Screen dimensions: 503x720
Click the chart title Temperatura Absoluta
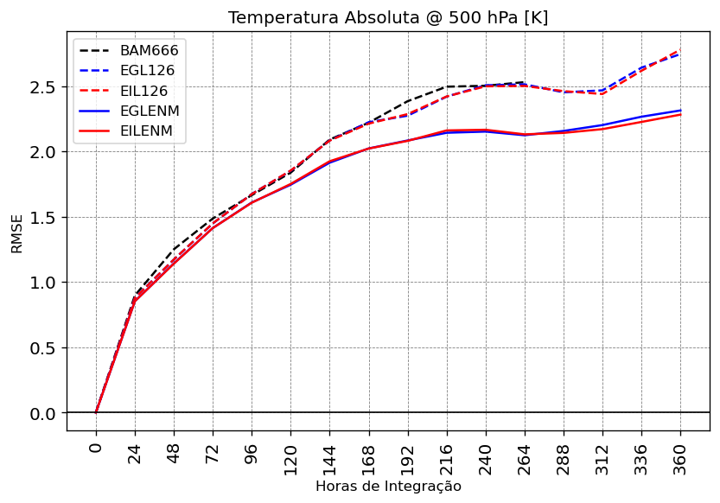pos(388,18)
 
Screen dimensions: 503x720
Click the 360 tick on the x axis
pos(680,454)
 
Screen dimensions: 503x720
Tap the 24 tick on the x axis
pos(135,449)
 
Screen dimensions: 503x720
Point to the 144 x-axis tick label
pos(329,454)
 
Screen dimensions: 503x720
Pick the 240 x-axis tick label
pos(486,454)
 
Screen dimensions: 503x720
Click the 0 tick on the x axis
pos(96,446)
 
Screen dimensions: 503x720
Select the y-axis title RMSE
pos(17,233)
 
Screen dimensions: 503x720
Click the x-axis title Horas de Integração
pos(388,487)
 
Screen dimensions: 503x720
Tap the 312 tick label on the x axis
pos(602,454)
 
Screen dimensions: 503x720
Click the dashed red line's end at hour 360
pos(680,50)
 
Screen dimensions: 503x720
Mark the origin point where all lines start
pos(96,413)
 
